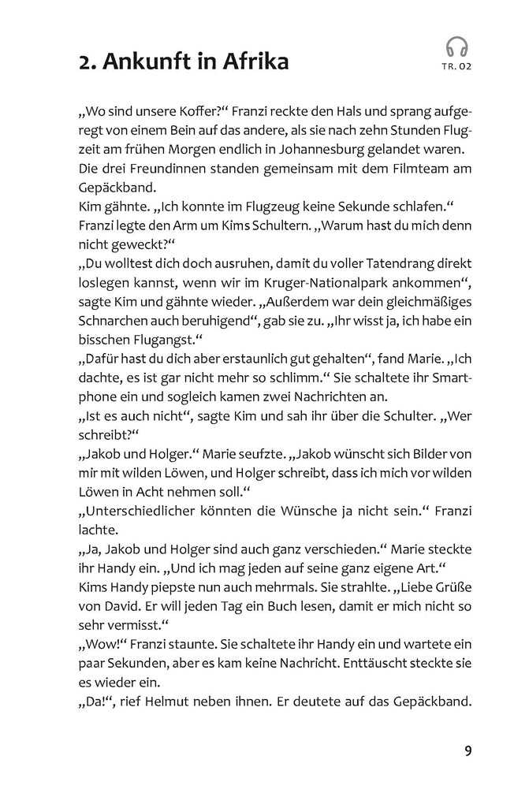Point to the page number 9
tap(468, 750)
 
